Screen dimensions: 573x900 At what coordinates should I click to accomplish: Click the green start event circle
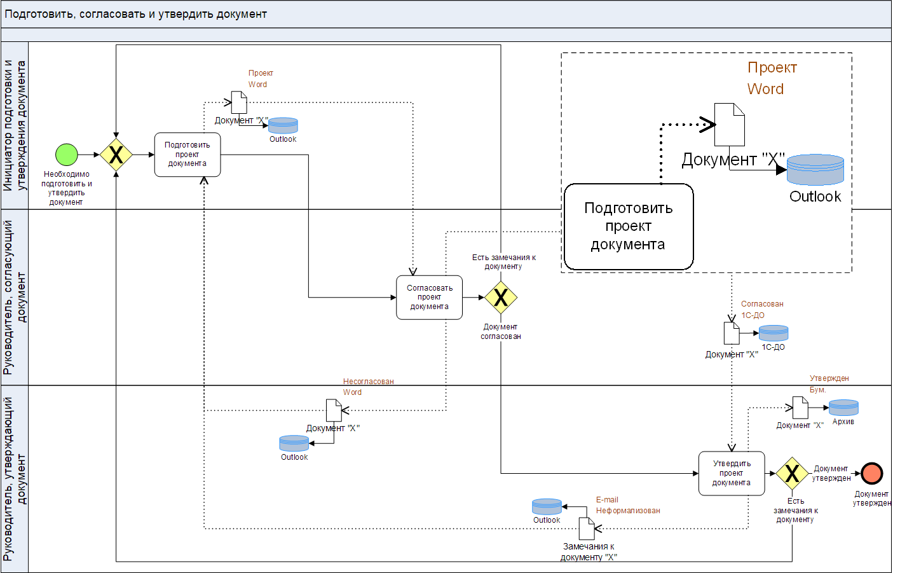point(67,155)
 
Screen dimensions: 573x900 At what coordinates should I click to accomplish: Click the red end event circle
point(872,473)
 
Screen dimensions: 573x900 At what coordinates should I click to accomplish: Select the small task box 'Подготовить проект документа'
point(187,155)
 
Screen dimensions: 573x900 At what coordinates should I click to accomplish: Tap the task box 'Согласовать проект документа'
point(429,297)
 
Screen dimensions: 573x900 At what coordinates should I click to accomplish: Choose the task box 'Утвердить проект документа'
point(731,473)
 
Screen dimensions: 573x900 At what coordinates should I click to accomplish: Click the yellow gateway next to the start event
point(116,155)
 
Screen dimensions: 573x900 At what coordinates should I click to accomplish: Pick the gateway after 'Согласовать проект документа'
point(501,297)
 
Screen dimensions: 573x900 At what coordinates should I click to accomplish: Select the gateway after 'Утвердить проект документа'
point(792,473)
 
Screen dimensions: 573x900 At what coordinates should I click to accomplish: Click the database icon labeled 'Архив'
point(843,408)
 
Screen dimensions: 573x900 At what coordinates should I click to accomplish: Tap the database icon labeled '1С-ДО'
point(774,333)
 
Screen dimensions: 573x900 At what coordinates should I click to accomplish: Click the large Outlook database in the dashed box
point(815,170)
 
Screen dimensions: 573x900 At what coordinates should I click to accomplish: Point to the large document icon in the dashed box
point(730,125)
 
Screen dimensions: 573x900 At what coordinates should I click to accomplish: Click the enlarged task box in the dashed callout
point(629,226)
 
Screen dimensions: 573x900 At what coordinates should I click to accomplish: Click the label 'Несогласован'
point(369,382)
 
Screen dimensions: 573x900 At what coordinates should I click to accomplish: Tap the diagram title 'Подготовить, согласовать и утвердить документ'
point(136,14)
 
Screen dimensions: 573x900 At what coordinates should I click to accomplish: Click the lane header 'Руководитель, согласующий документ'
point(15,297)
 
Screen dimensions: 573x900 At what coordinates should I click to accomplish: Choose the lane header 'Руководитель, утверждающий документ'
point(15,478)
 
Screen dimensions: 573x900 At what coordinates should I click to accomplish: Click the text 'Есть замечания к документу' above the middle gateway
point(503,262)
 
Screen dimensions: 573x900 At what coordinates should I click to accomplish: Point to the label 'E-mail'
point(607,500)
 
